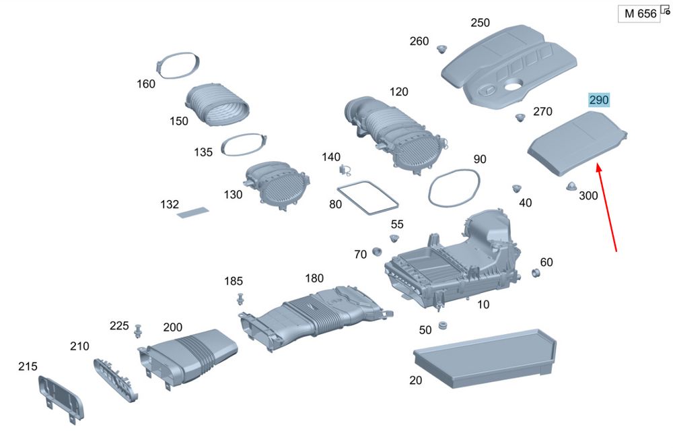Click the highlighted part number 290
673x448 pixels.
(x=599, y=100)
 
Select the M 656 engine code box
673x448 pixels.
(x=640, y=13)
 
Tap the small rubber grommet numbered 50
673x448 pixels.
(x=443, y=326)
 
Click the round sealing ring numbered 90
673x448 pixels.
(x=455, y=188)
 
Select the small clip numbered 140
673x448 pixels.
(x=347, y=169)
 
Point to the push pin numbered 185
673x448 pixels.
(x=240, y=298)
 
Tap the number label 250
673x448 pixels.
(x=480, y=23)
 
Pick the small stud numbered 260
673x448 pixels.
(x=442, y=49)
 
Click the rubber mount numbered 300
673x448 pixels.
(x=571, y=185)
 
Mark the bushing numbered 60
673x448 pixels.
(x=536, y=273)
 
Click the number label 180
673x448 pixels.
(x=314, y=278)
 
